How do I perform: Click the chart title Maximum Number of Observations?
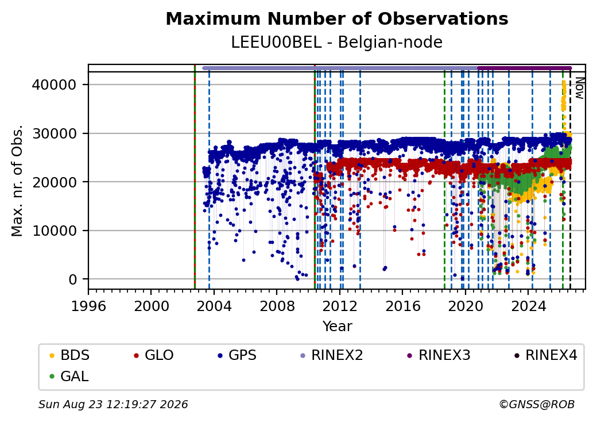coord(337,18)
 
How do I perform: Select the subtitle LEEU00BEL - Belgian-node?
coord(337,43)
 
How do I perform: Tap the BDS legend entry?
coord(69,355)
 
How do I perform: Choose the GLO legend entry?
coord(154,355)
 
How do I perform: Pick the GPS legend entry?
coord(237,355)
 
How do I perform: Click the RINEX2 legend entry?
coord(332,355)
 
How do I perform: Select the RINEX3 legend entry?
coord(439,355)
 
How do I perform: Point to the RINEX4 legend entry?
coord(546,355)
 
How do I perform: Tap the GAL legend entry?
coord(69,376)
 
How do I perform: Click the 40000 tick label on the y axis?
coord(55,85)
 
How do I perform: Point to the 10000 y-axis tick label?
coord(55,231)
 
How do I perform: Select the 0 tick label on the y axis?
coord(73,279)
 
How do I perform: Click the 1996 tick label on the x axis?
coord(89,306)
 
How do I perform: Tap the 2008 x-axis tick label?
coord(277,306)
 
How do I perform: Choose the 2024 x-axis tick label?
coord(528,306)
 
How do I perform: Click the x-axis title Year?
coord(338,327)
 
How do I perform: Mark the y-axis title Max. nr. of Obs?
coord(17,181)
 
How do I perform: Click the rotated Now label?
coord(579,88)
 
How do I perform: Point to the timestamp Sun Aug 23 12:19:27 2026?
coord(114,404)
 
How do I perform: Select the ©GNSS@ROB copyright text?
coord(537,404)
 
